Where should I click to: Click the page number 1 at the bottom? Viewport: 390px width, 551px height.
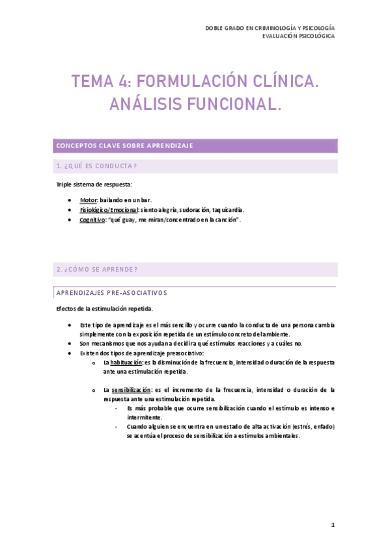click(x=332, y=524)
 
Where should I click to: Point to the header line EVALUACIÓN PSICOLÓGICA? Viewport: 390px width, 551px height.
click(x=299, y=36)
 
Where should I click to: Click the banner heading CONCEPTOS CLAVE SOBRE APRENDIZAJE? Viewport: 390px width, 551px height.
click(x=124, y=146)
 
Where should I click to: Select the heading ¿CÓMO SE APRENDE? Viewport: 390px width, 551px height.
click(x=97, y=269)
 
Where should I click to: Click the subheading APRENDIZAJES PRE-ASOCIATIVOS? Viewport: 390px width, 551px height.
click(x=112, y=292)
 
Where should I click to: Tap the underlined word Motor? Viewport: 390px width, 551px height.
click(x=88, y=199)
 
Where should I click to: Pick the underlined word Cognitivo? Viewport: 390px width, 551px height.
click(x=92, y=220)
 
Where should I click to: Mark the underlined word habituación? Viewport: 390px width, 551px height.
click(x=126, y=363)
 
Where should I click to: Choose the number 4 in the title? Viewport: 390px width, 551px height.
click(x=122, y=82)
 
